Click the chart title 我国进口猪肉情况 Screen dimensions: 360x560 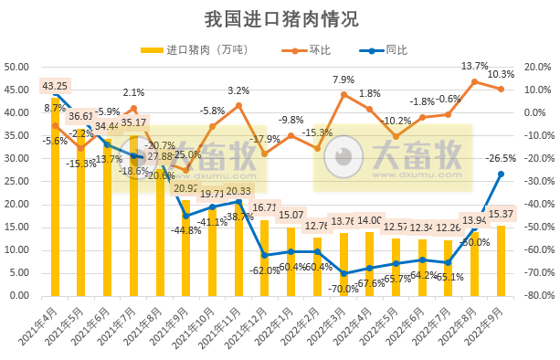coord(280,18)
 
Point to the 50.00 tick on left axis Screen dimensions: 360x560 coord(19,67)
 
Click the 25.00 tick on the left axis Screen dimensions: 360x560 coord(19,181)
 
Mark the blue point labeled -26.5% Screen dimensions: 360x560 coord(502,174)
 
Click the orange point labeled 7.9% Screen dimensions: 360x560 coord(343,94)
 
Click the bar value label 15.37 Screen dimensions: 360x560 coord(502,214)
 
